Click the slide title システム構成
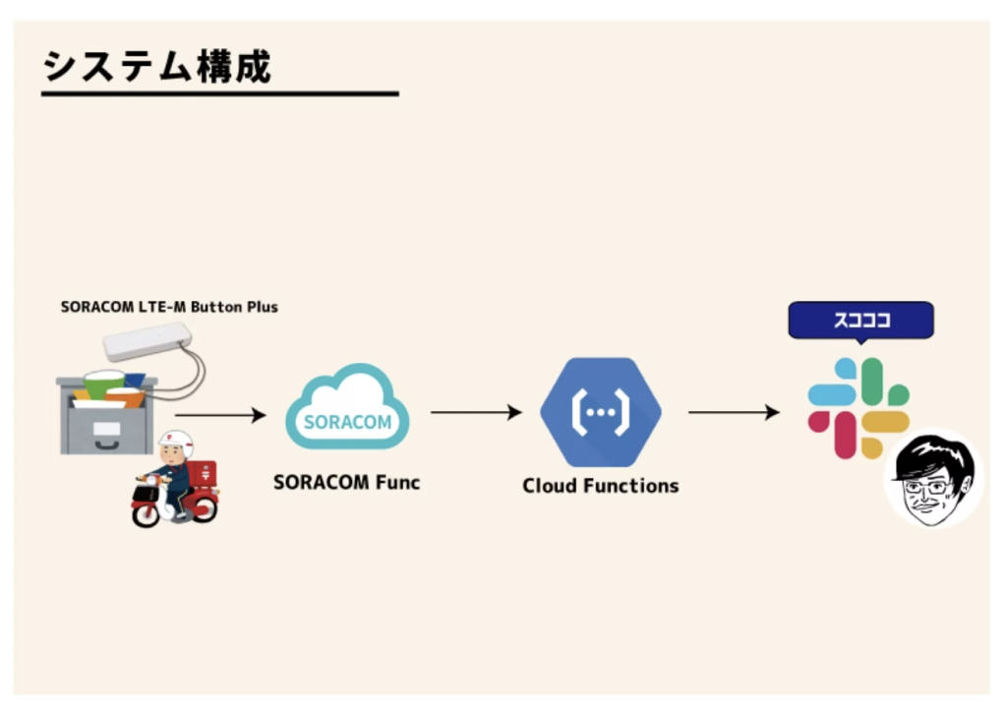click(157, 67)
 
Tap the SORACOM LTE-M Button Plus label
click(169, 307)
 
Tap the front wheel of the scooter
click(146, 513)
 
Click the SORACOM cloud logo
click(347, 409)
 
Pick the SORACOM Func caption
click(346, 483)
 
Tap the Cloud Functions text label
click(600, 486)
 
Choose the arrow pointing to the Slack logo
click(733, 413)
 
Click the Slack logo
click(858, 407)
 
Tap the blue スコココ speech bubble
click(860, 321)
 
